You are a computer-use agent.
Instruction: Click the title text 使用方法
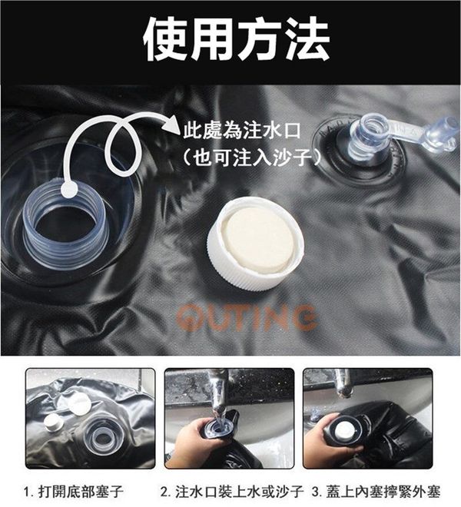(236, 39)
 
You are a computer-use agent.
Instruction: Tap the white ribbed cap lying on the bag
(256, 244)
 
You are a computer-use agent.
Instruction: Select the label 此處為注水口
(242, 130)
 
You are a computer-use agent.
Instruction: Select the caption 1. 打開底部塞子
(74, 492)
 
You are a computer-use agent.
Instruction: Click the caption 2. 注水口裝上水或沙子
(232, 492)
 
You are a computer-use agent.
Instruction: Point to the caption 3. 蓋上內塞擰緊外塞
(376, 492)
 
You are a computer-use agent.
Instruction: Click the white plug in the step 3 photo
(343, 430)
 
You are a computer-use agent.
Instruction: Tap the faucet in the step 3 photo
(343, 383)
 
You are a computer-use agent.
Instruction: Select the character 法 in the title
(307, 39)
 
